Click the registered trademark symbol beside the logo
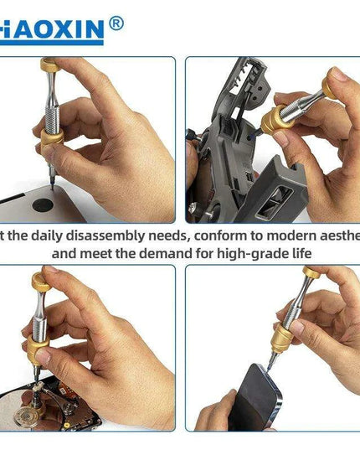(x=116, y=23)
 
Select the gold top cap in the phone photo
(x=312, y=272)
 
